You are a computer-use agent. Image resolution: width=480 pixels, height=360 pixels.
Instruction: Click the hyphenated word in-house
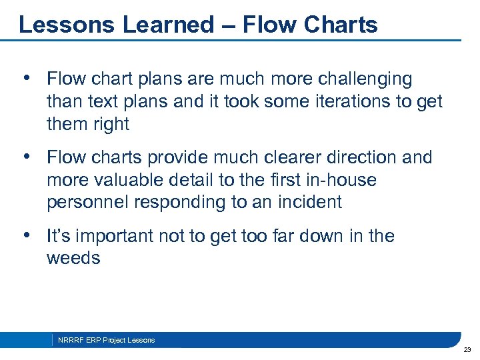click(345, 180)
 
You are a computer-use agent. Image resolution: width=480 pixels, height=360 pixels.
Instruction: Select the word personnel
click(89, 203)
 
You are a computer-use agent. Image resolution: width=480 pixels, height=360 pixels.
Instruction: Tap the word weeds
click(73, 259)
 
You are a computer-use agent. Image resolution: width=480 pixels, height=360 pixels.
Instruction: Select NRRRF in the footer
click(69, 340)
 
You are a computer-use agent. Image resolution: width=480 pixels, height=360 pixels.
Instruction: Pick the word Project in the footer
click(113, 340)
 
